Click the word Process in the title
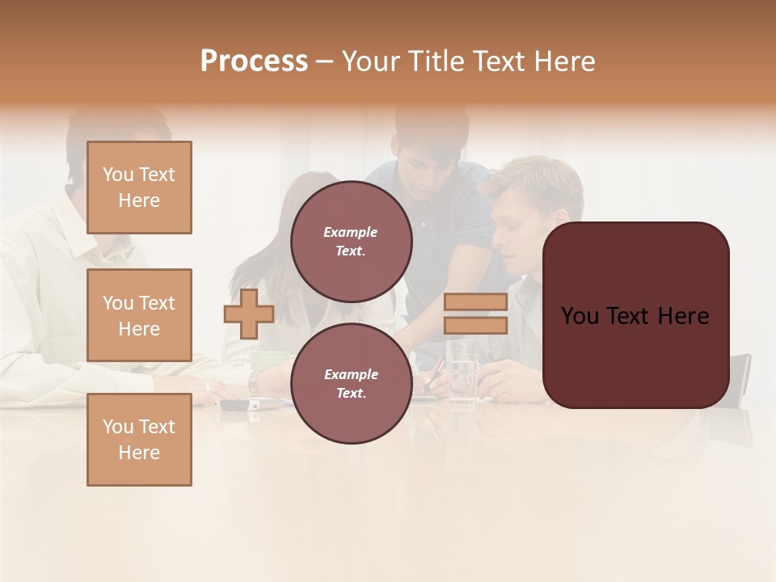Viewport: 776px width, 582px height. click(x=254, y=61)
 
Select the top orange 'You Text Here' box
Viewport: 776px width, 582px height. click(x=139, y=188)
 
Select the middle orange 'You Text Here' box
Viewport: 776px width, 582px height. click(x=139, y=315)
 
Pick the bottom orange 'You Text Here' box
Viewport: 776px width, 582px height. click(x=139, y=440)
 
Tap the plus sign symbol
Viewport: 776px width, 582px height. click(x=249, y=314)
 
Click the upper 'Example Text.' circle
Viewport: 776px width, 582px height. click(x=351, y=242)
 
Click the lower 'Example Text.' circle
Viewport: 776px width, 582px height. click(x=351, y=384)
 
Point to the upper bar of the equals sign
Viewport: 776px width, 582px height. click(x=475, y=302)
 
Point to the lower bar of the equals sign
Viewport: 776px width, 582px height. click(x=475, y=325)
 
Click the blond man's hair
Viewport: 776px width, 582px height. click(x=538, y=182)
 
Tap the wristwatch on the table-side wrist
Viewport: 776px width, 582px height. click(x=254, y=382)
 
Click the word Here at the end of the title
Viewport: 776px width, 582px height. click(x=562, y=61)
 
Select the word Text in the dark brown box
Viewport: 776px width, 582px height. click(x=635, y=316)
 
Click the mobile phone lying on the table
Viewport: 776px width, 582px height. click(x=234, y=403)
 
